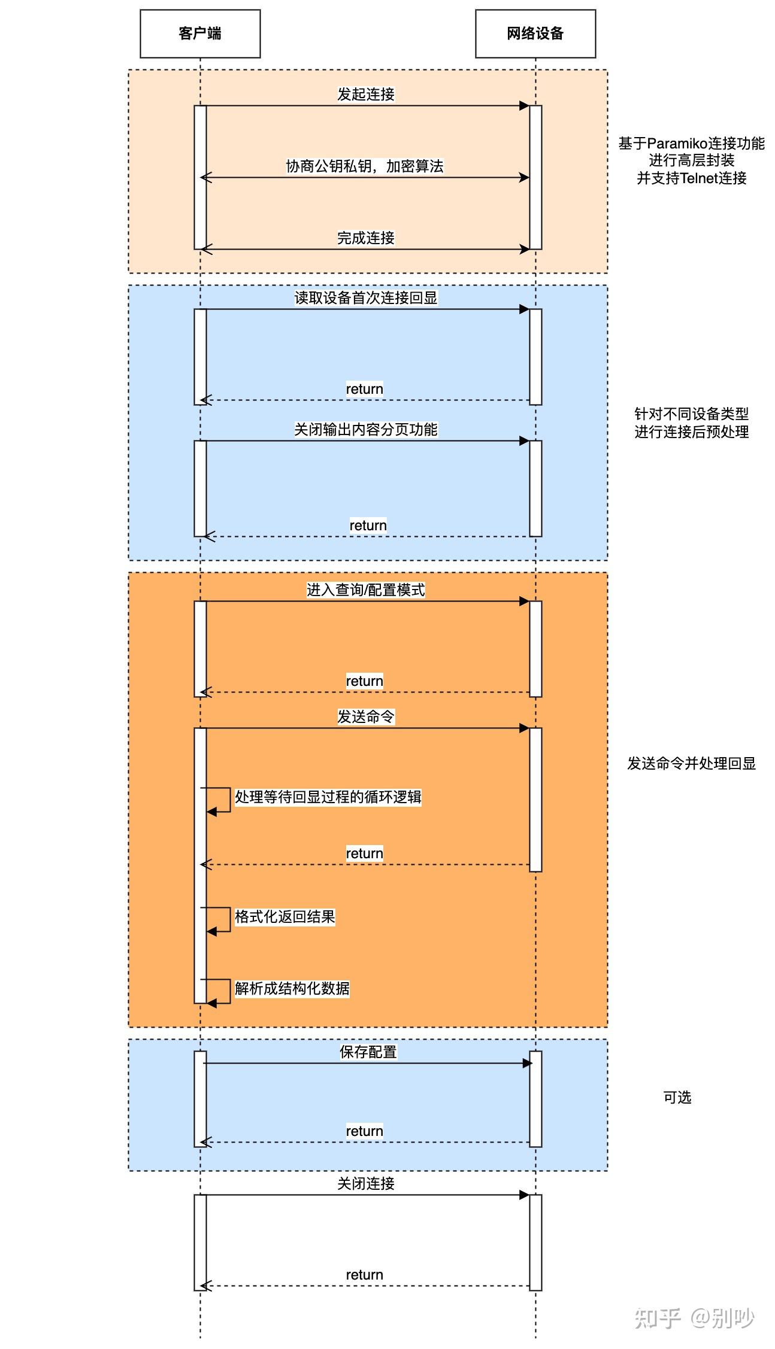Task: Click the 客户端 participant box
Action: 200,34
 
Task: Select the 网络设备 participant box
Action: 535,34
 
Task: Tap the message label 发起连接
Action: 365,94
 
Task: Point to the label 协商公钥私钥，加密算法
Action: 365,166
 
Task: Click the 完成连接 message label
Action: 365,238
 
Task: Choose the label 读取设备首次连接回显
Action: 365,297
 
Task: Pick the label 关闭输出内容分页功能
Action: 365,429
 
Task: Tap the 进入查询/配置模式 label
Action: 365,590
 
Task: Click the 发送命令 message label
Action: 365,716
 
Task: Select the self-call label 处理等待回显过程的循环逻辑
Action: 328,797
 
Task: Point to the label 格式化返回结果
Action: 284,916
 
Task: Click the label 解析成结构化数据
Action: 292,988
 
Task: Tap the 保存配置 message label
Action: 368,1052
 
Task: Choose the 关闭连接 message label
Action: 365,1183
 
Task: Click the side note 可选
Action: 677,1097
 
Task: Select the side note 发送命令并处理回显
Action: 691,763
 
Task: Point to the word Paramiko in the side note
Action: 677,144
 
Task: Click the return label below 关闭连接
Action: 364,1274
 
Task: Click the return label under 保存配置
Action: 364,1131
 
